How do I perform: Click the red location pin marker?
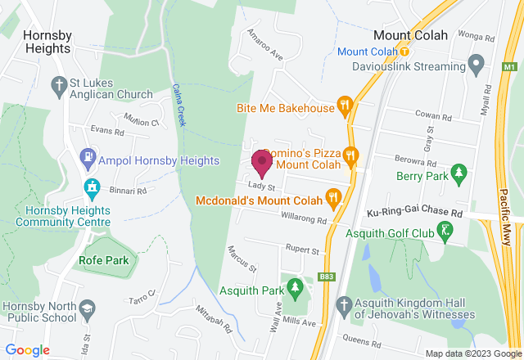(262, 162)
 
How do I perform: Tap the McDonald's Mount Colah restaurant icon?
(333, 197)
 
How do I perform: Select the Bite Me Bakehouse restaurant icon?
(346, 106)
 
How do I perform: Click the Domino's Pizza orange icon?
(351, 153)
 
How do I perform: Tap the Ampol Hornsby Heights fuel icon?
(87, 155)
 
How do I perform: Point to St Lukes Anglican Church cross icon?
(58, 84)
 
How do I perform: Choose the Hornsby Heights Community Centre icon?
(92, 187)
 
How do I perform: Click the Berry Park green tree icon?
(459, 173)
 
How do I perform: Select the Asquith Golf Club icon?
(445, 232)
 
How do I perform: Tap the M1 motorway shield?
(510, 66)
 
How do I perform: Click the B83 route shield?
(326, 277)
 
